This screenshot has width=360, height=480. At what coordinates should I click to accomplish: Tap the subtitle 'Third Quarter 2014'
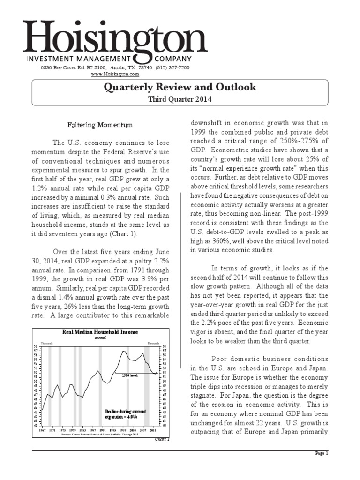(180, 99)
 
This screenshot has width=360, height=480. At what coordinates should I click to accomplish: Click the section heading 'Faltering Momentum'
(98, 125)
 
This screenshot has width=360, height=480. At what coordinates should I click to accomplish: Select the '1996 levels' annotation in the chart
(130, 375)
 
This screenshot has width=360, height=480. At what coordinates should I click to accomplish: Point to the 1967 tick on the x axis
(42, 430)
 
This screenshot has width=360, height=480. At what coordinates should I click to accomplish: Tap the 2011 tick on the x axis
(153, 430)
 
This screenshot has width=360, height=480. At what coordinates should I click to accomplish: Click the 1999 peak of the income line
(123, 351)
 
